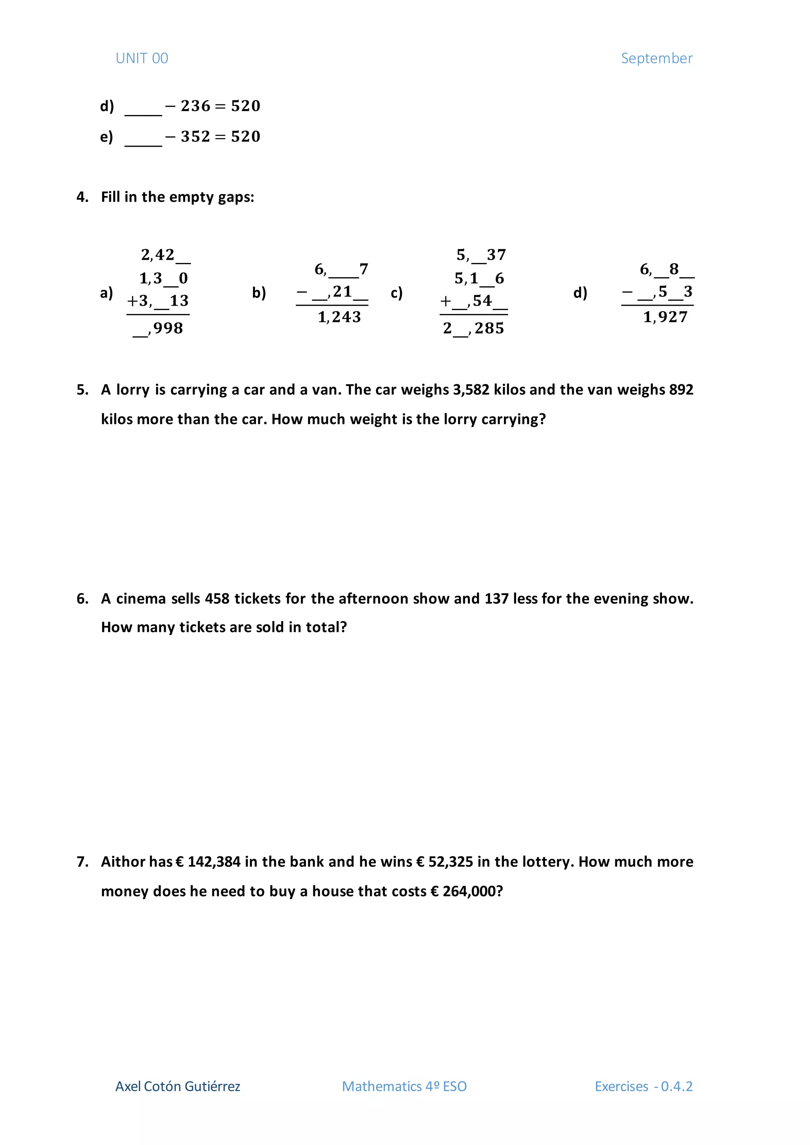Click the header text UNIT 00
(x=142, y=59)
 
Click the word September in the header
(x=657, y=59)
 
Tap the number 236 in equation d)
(x=195, y=106)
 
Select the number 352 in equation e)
(x=195, y=137)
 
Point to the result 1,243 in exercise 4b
(x=339, y=317)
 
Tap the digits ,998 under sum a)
(x=167, y=329)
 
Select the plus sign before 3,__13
(x=132, y=301)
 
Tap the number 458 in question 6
(x=217, y=599)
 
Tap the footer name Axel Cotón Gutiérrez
(x=178, y=1086)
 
